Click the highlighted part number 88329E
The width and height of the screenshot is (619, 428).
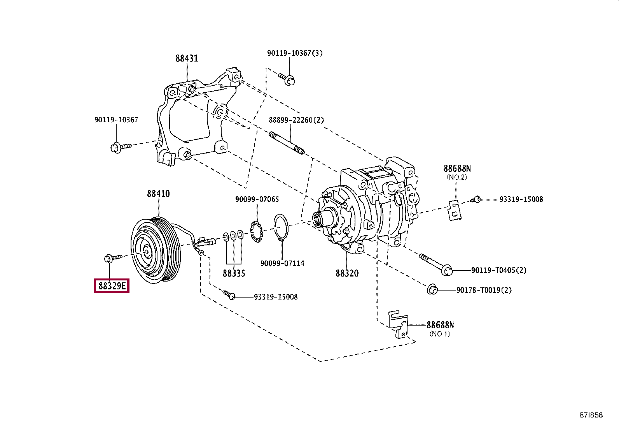[x=112, y=285]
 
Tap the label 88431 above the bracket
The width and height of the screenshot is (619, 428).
[x=187, y=58]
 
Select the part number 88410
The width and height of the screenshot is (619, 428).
[x=158, y=194]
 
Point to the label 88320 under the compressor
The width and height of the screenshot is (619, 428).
[x=347, y=273]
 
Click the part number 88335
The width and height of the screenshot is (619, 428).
[x=234, y=273]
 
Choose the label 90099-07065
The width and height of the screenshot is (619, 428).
[x=257, y=199]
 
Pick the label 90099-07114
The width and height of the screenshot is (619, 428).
[x=282, y=263]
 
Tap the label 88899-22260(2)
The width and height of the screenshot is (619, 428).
[x=296, y=120]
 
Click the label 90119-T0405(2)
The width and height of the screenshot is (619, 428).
[x=499, y=270]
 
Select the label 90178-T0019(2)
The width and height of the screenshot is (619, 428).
[x=484, y=290]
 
